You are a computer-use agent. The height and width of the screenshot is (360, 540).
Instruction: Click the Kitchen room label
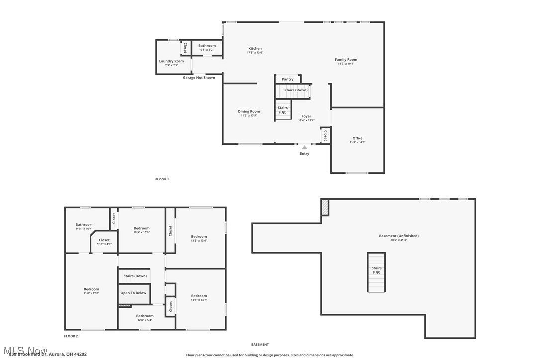point(255,49)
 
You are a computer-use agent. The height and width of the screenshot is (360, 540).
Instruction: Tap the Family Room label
point(346,60)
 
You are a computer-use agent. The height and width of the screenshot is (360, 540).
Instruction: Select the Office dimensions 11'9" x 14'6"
point(358,142)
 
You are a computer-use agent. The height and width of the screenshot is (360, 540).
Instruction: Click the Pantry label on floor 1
point(288,79)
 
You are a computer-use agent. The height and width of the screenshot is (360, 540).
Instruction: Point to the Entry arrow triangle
point(304,147)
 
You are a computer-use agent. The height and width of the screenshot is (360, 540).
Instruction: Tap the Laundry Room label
point(172,61)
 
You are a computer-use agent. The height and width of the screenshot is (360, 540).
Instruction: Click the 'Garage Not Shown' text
point(199,78)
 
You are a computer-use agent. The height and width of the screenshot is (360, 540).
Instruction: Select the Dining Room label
point(249,112)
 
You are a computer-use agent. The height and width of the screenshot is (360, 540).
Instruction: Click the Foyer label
point(306,116)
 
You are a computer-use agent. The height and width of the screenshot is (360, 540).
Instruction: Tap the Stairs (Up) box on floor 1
point(283,110)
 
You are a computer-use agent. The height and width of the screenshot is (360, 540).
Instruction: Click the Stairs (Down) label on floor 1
point(296,90)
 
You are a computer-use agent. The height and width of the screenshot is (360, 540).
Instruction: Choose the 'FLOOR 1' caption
point(162,179)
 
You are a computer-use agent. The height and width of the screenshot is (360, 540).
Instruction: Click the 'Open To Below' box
point(133,293)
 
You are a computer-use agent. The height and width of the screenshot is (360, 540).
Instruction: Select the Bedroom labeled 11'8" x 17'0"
point(91,289)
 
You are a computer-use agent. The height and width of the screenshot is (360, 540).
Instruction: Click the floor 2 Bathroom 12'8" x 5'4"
point(145,316)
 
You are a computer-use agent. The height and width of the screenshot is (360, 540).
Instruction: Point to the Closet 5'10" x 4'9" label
point(104,240)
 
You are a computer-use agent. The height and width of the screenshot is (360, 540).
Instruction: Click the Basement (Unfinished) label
point(399,236)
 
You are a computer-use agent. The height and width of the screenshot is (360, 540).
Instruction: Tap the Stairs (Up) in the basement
point(376,270)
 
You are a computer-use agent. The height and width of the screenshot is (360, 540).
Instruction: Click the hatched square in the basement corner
point(325,207)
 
